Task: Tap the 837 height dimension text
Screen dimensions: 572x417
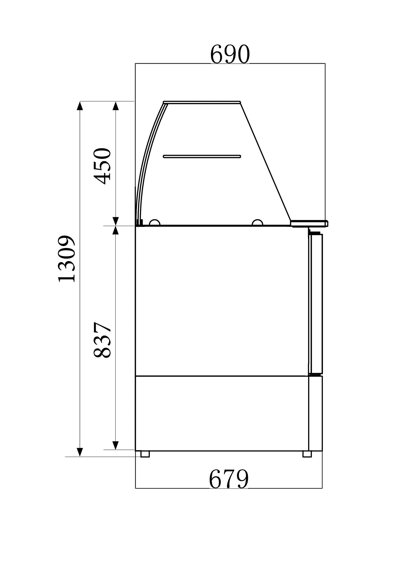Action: [x=102, y=340]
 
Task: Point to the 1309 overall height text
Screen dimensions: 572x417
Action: [x=66, y=259]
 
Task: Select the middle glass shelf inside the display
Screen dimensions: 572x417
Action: [x=202, y=157]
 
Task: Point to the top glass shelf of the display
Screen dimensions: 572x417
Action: [x=202, y=102]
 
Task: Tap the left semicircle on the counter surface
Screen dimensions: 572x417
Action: [x=155, y=223]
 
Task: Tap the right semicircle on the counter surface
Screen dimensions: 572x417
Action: [x=257, y=223]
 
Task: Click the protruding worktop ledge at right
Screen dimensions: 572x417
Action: [x=309, y=223]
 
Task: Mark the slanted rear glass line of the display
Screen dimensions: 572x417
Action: [x=265, y=161]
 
